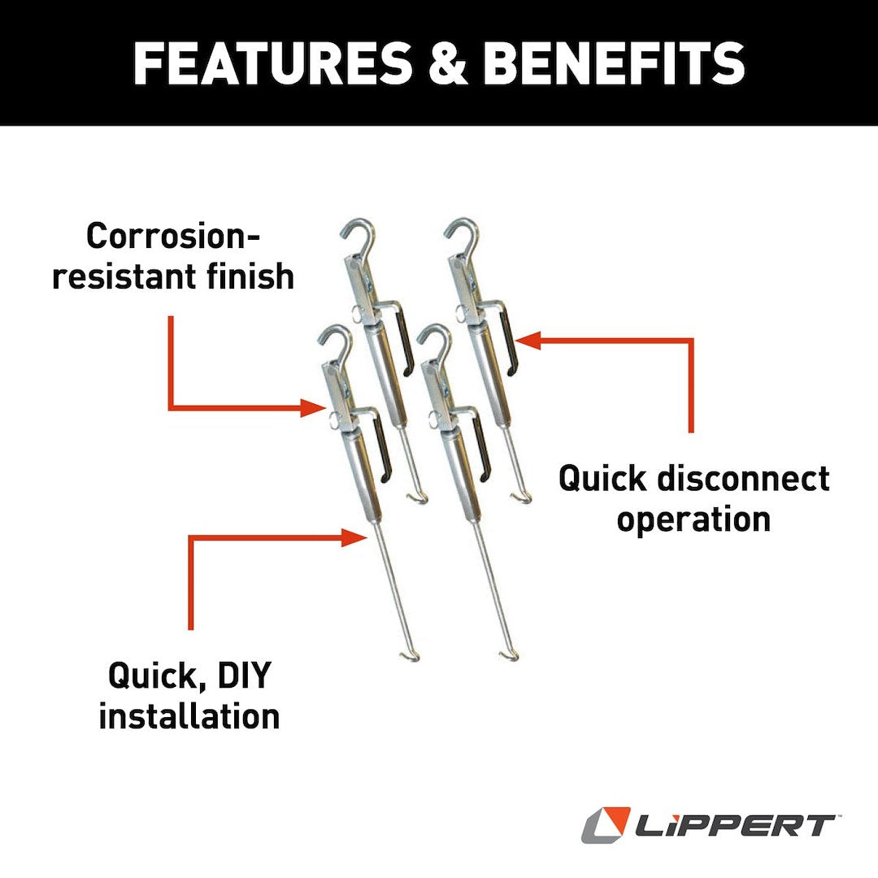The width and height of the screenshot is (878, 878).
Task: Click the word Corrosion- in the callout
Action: pos(173,237)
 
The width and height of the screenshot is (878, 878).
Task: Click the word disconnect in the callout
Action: pos(743,478)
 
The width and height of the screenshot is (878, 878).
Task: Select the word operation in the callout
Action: pos(693,518)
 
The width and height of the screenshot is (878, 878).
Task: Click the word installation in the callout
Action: pos(189,715)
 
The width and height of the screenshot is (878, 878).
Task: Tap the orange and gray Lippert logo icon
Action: pos(606,824)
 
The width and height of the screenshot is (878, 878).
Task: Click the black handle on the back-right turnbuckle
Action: pos(509,341)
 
